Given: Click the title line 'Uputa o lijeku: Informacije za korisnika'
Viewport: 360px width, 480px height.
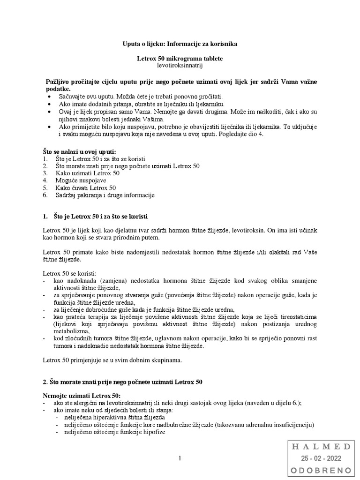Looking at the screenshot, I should pos(180,44).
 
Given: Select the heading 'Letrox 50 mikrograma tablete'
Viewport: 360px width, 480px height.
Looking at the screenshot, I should pos(180,59).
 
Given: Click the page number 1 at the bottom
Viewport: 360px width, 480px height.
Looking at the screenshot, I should pos(180,458).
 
